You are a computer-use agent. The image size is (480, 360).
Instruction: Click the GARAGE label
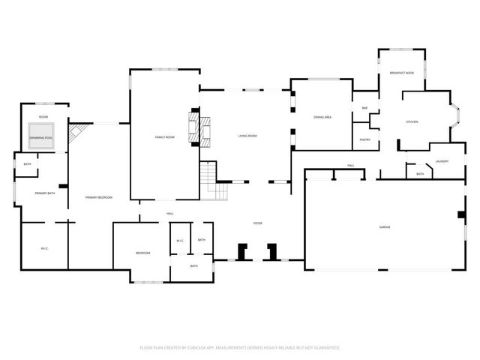pos(385,226)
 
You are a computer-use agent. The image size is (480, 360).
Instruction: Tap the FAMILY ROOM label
pos(164,137)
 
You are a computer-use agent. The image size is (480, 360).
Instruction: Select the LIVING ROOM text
pos(247,136)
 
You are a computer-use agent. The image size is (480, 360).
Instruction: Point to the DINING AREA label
pos(322,118)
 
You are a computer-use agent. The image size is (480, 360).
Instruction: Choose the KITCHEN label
pos(412,121)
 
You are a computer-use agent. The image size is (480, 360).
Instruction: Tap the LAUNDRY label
pos(442,161)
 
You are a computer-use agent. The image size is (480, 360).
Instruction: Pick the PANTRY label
pos(364,139)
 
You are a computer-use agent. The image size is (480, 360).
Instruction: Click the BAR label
pos(364,108)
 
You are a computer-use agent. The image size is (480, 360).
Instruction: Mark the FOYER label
pos(257,223)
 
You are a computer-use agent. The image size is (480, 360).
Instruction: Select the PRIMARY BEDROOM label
pos(98,197)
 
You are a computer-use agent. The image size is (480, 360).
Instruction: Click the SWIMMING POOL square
pos(41,137)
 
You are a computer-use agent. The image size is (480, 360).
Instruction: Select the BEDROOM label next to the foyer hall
pos(142,253)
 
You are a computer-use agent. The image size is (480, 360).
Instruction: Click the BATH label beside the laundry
pos(419,174)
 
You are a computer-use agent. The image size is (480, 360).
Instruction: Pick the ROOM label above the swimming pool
pos(43,117)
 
